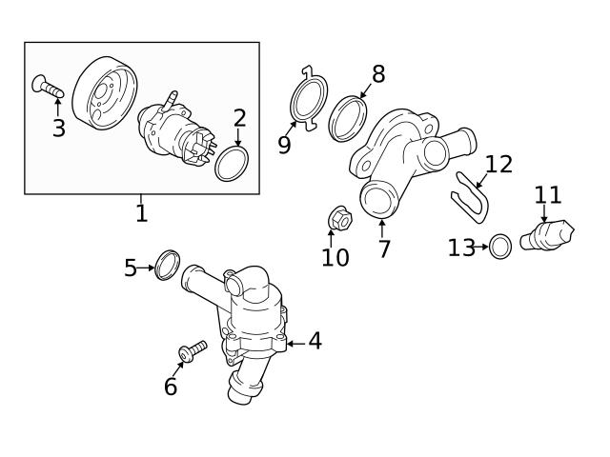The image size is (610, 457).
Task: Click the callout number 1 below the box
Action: [x=141, y=212]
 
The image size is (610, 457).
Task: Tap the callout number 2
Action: [x=239, y=118]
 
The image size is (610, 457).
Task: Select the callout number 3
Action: [x=58, y=129]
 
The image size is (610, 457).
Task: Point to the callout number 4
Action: [x=314, y=341]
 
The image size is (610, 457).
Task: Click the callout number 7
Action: [x=383, y=249]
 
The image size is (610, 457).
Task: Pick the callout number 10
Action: [x=335, y=257]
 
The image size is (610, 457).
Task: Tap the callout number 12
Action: [x=498, y=164]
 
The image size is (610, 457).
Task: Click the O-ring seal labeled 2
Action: [x=230, y=164]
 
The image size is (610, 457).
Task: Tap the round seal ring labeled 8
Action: [x=348, y=116]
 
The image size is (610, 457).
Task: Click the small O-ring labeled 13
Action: [x=500, y=248]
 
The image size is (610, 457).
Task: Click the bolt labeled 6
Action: [x=193, y=350]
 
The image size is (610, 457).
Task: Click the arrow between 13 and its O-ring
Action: [x=482, y=248]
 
